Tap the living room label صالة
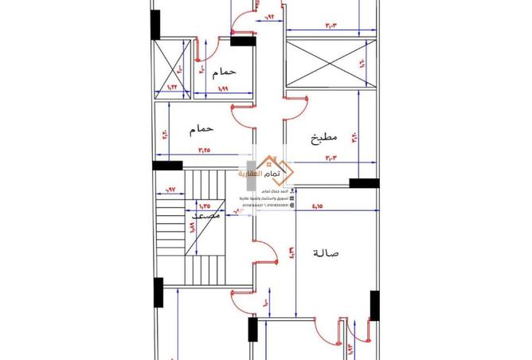(x=327, y=253)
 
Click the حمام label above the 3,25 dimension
(x=202, y=128)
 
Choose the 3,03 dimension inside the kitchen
(x=331, y=158)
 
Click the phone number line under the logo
(x=264, y=205)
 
